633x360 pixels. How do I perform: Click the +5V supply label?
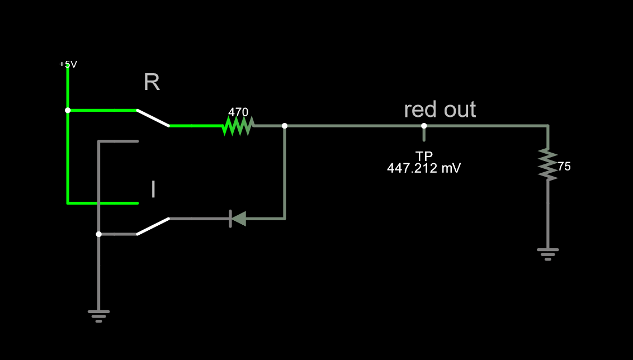coord(68,64)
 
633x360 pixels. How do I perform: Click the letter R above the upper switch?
coord(152,82)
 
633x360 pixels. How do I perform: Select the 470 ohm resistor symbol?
coord(238,126)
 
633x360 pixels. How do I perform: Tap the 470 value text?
coord(238,112)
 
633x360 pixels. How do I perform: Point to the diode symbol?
coord(238,219)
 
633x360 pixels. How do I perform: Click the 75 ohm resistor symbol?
coord(548,164)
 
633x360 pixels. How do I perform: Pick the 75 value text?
coord(564,167)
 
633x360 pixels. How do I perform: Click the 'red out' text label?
coord(440,110)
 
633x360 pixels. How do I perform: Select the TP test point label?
coord(424,156)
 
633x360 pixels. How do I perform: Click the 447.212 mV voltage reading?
coord(424,168)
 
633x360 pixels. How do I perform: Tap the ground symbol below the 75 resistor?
coord(548,254)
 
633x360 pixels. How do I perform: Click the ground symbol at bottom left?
coord(98,316)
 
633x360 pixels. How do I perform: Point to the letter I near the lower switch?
coord(153,190)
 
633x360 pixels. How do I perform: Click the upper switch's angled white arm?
coord(153,118)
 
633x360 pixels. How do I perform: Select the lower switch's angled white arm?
coord(153,226)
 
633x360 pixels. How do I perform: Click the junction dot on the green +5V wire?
coord(68,110)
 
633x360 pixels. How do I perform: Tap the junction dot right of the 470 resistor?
coord(285,126)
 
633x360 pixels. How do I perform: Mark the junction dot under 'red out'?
coord(424,126)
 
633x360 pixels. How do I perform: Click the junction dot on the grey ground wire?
coord(98,234)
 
